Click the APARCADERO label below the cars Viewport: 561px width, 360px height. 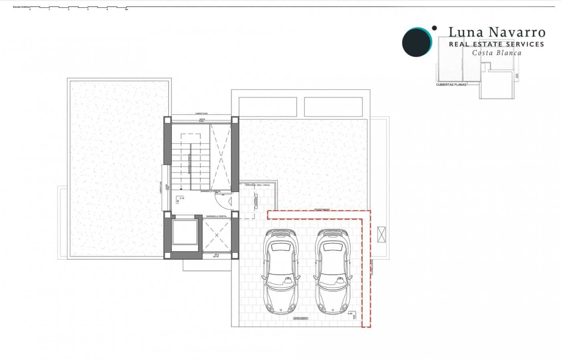point(300,318)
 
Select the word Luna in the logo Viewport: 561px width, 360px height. point(462,32)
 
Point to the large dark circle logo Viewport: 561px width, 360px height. point(416,42)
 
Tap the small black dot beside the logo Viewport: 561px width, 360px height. point(434,28)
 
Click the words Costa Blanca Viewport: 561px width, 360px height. point(497,53)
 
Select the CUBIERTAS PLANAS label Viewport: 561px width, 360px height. point(451,85)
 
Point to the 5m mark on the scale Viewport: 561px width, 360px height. point(126,9)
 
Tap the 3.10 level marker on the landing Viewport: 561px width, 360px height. point(181,198)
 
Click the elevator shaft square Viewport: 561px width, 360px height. point(185,232)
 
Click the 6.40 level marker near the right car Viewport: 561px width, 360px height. point(350,313)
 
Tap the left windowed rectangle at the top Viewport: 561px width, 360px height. point(268,107)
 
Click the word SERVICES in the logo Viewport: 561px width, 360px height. point(521,44)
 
